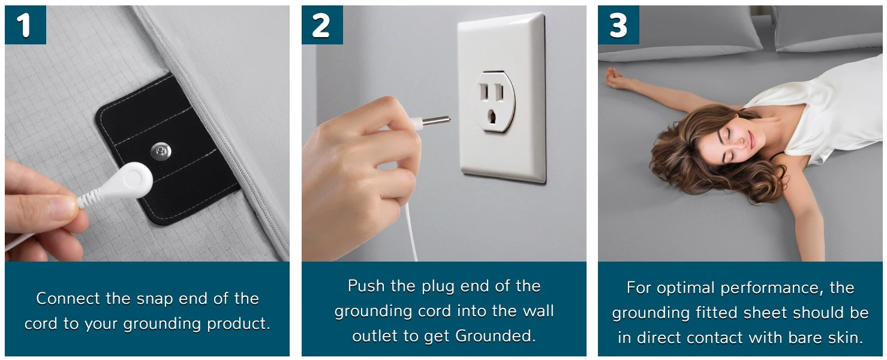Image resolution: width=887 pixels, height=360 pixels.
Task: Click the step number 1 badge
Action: pos(25,25)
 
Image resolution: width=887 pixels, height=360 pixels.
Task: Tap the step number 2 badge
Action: pos(322,25)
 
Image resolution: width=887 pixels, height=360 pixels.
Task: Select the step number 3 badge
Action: pos(618,25)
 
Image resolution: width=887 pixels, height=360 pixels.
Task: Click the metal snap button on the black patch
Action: pos(161,151)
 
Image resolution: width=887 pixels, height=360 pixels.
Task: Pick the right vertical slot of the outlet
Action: pos(500,92)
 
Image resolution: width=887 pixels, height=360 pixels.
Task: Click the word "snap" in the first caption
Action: pos(155,299)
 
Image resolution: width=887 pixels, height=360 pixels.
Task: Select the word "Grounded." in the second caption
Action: pos(495,336)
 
